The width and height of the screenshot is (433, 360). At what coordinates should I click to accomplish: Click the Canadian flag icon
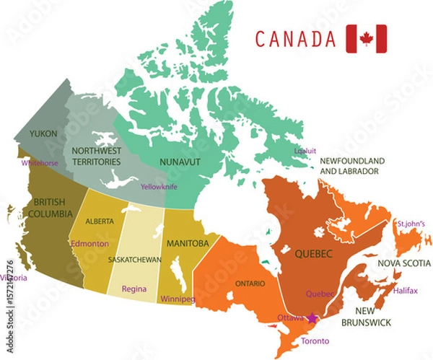click(x=366, y=39)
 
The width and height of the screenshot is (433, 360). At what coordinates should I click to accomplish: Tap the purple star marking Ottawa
click(x=312, y=317)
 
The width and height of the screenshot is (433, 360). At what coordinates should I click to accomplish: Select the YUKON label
click(x=43, y=133)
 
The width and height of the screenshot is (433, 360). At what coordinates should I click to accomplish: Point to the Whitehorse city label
click(x=40, y=164)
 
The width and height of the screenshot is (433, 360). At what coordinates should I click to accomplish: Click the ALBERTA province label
click(x=100, y=221)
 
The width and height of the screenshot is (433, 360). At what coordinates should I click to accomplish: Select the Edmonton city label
click(x=89, y=243)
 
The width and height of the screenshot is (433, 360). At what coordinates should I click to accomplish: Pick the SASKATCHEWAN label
click(x=134, y=258)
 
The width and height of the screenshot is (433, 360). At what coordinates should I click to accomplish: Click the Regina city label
click(x=134, y=289)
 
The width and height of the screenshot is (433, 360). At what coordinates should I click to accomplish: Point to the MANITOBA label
click(x=189, y=242)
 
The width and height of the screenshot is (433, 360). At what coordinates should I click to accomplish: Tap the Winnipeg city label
click(x=178, y=298)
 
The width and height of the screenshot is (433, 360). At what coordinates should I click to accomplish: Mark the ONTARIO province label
click(x=249, y=284)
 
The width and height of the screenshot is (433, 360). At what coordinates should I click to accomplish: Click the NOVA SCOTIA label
click(x=405, y=263)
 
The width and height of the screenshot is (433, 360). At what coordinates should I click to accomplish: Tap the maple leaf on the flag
click(x=366, y=39)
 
